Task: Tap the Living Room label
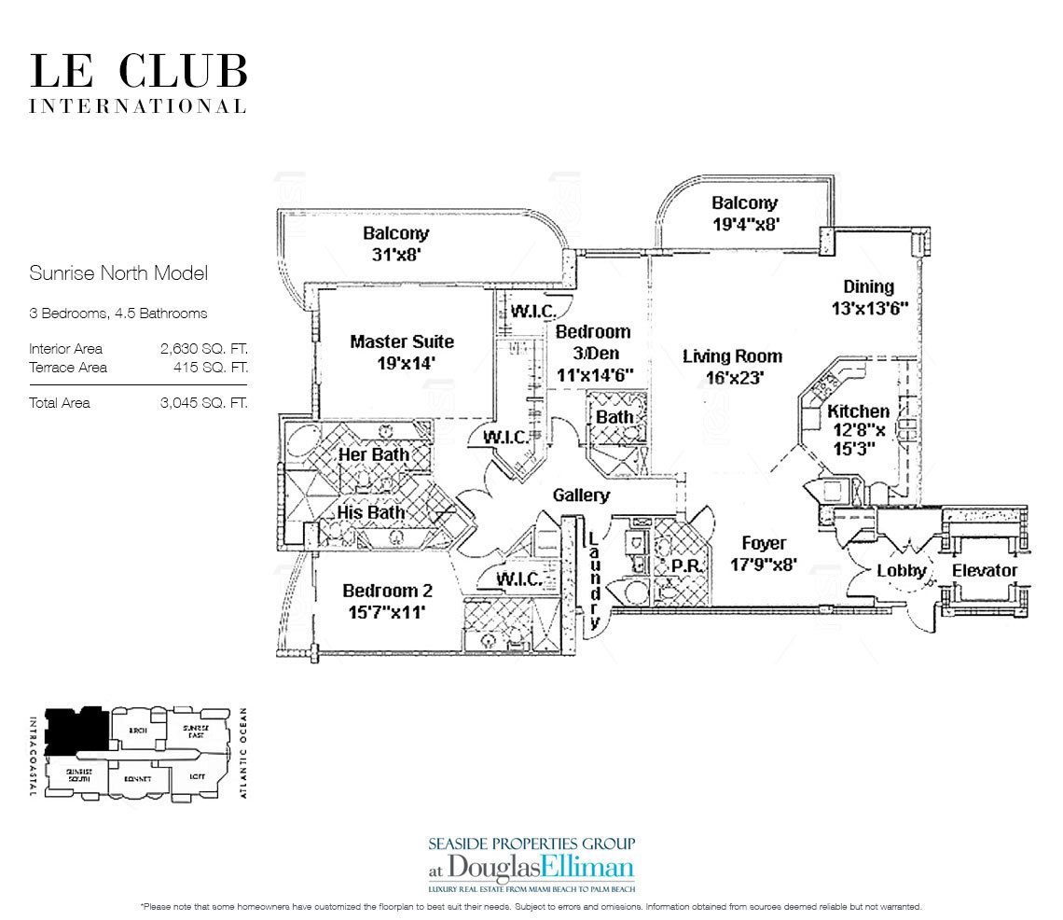[x=732, y=355]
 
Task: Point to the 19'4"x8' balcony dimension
[x=745, y=224]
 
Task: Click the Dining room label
[x=868, y=286]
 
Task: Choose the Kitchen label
[x=858, y=411]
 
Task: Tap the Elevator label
[x=985, y=570]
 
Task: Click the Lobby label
[x=902, y=570]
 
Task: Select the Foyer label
[x=764, y=543]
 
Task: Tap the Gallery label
[x=581, y=495]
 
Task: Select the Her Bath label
[x=373, y=454]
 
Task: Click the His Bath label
[x=370, y=512]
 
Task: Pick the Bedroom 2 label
[x=387, y=591]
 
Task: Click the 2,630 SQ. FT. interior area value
[x=204, y=349]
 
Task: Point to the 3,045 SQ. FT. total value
[x=204, y=403]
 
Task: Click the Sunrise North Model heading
[x=117, y=273]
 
